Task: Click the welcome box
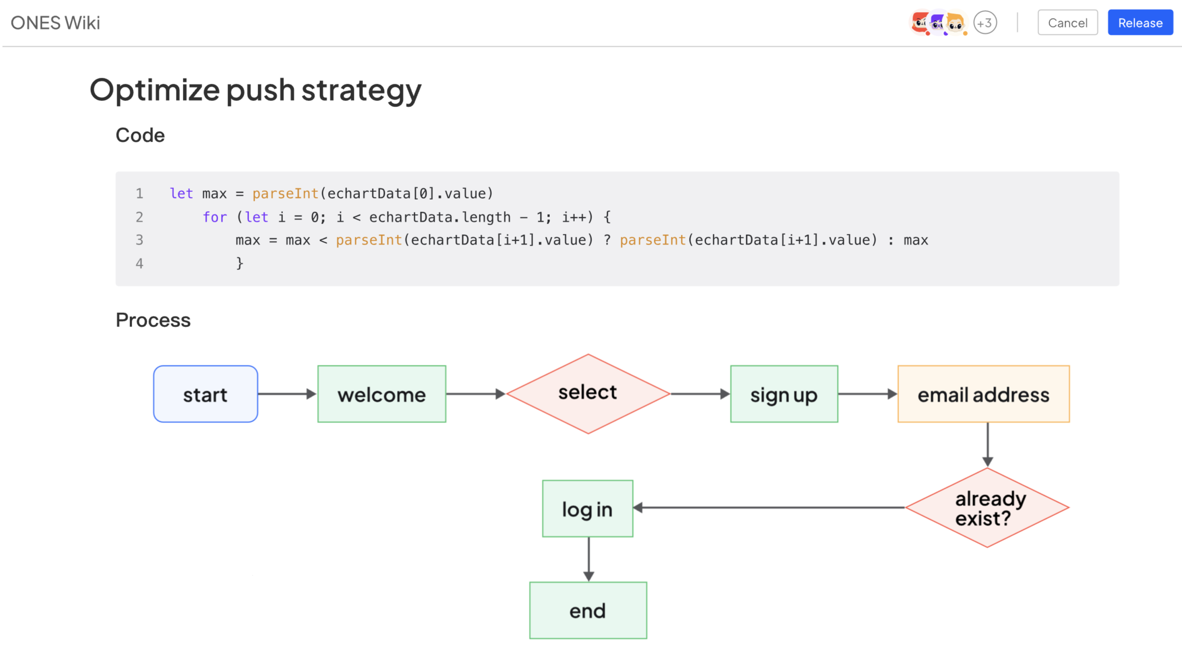(381, 394)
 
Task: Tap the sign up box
(784, 394)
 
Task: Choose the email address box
(983, 394)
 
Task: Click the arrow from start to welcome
(287, 394)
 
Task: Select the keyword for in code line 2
(215, 217)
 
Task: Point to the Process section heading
(153, 320)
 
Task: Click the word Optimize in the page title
(154, 90)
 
